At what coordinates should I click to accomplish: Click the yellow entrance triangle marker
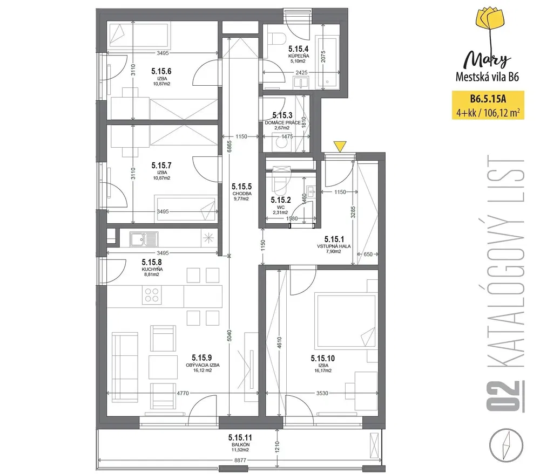pos(340,146)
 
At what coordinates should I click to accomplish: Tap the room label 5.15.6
pos(161,71)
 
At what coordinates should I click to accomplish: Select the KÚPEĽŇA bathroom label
pos(299,56)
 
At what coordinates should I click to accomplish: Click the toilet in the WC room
pos(280,181)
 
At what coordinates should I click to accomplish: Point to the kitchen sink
pos(144,238)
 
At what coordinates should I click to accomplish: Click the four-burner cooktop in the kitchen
pos(152,295)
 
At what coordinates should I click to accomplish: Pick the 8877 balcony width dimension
pos(240,460)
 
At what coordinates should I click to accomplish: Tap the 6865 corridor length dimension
pos(230,146)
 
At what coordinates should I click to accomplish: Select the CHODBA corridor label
pos(242,193)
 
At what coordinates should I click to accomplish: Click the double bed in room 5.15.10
pos(346,321)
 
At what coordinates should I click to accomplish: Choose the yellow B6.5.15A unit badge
pos(488,105)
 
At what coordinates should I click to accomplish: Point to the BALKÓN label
pos(241,444)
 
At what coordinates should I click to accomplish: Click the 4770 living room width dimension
pos(183,393)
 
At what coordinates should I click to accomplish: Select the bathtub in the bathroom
pos(327,62)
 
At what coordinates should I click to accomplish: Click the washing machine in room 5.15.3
pos(282,143)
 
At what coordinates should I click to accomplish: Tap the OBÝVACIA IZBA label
pos(202,365)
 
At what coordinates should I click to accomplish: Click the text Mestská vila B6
pos(487,77)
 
